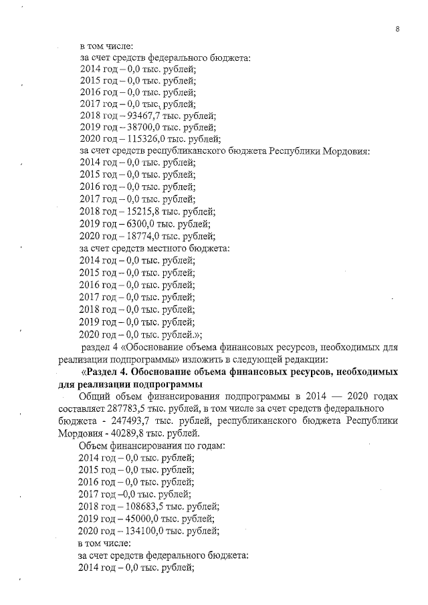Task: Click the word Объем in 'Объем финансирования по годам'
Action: [94, 445]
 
